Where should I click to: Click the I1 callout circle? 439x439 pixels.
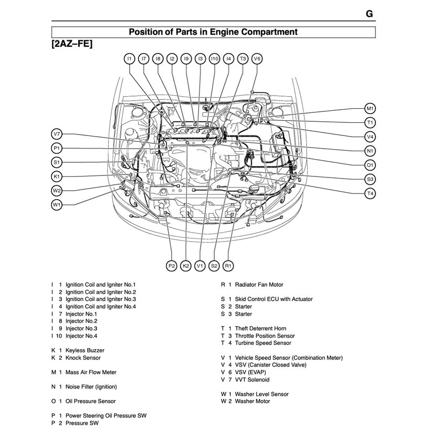pyautogui.click(x=130, y=59)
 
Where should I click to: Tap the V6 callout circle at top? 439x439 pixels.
pyautogui.click(x=257, y=59)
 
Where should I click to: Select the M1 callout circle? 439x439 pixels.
pyautogui.click(x=370, y=109)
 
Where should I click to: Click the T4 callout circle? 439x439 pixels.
pyautogui.click(x=370, y=194)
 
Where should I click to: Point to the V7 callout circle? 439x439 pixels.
pyautogui.click(x=57, y=134)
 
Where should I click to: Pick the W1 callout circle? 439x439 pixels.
pyautogui.click(x=57, y=205)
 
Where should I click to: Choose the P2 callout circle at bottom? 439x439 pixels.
pyautogui.click(x=171, y=266)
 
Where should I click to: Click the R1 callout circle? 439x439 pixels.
pyautogui.click(x=228, y=266)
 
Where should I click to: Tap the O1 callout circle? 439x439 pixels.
pyautogui.click(x=370, y=165)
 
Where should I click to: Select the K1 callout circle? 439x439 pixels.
pyautogui.click(x=57, y=176)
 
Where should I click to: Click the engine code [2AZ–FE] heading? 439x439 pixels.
pyautogui.click(x=72, y=44)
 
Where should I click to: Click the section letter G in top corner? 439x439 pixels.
pyautogui.click(x=369, y=14)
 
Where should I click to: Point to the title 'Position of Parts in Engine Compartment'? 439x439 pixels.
pyautogui.click(x=213, y=32)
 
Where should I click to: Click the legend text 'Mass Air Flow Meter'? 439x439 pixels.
pyautogui.click(x=91, y=372)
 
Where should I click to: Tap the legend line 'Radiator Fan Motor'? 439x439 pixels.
pyautogui.click(x=259, y=285)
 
